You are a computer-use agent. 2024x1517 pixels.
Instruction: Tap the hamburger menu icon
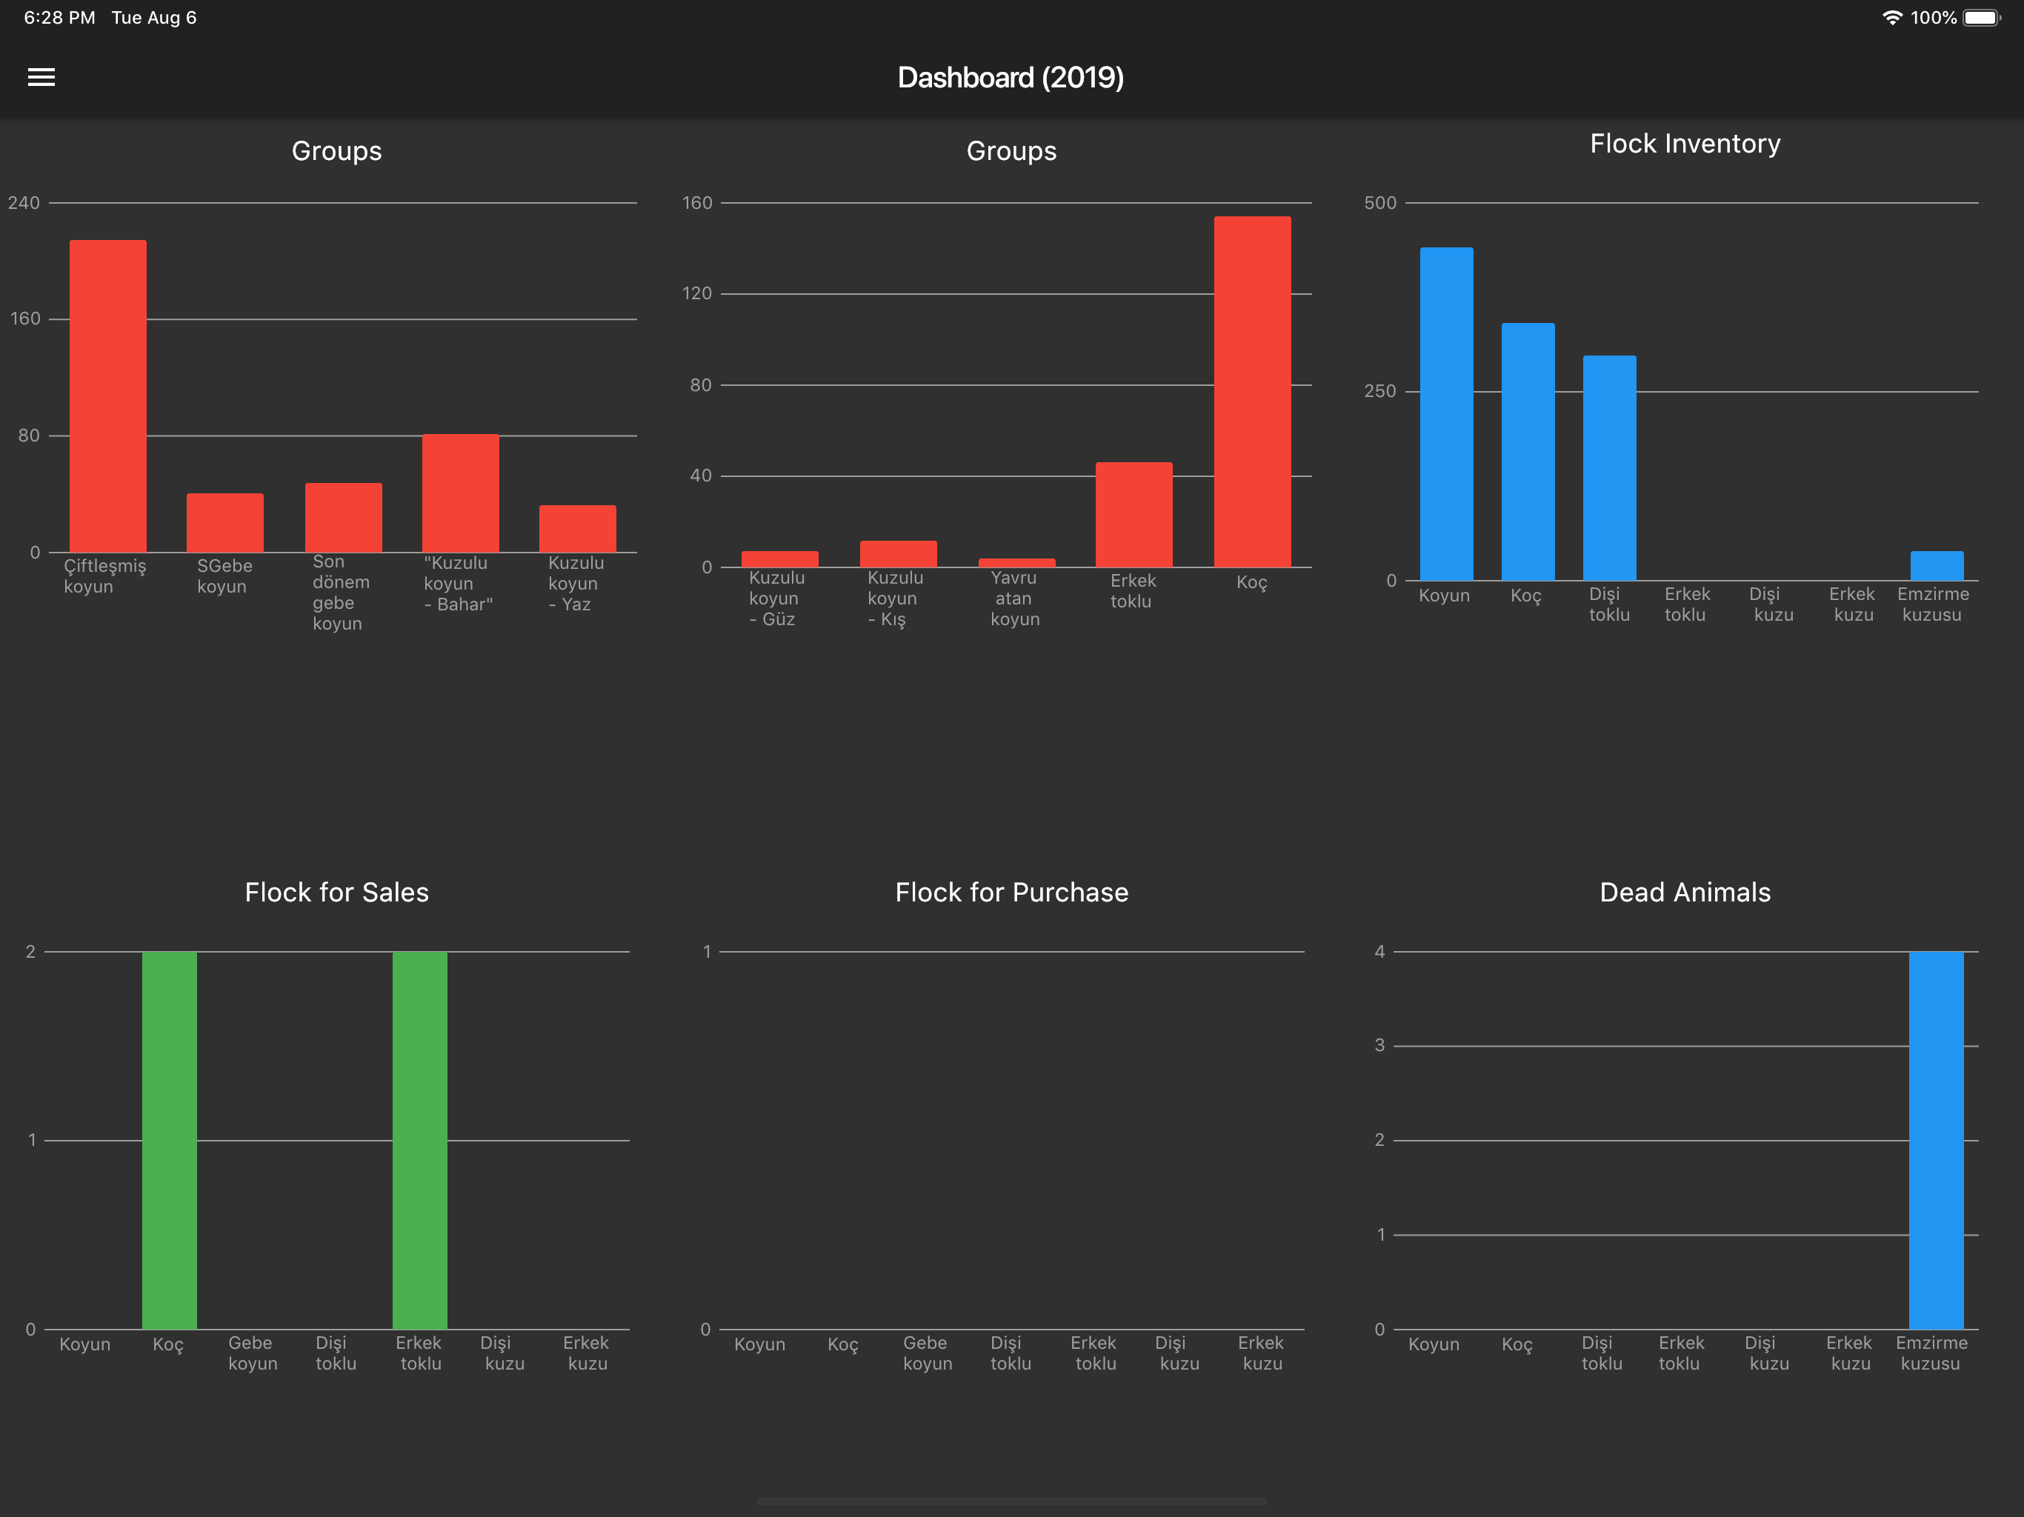pos(41,77)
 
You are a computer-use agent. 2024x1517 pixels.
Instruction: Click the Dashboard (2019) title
pos(1011,78)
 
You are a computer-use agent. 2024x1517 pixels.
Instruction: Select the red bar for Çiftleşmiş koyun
pos(108,396)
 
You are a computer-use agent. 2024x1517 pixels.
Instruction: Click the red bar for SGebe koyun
pos(225,522)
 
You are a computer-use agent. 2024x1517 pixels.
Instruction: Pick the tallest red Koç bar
pos(1253,392)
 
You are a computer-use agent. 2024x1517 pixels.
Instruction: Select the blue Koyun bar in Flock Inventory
pos(1447,413)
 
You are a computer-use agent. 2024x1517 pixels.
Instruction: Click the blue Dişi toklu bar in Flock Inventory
pos(1610,467)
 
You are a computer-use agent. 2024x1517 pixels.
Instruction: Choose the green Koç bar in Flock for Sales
pos(169,1140)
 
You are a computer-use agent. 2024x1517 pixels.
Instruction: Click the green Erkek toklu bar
pos(420,1140)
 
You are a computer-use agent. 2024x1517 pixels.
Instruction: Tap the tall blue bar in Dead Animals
pos(1936,1140)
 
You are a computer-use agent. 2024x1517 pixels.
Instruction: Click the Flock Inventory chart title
pos(1685,144)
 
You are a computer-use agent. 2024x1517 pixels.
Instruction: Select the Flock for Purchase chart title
pos(1012,892)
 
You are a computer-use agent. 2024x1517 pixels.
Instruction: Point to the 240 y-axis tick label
pos(24,202)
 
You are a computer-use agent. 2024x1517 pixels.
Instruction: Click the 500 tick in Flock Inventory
pos(1380,202)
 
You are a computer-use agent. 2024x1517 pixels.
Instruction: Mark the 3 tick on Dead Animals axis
pos(1380,1045)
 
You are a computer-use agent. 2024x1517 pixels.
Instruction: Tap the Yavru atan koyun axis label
pos(1015,599)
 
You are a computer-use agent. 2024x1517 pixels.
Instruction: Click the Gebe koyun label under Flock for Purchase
pos(928,1353)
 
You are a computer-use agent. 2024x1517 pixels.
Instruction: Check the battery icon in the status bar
pos(1982,17)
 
